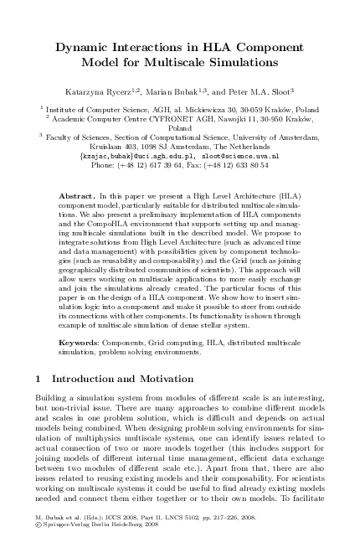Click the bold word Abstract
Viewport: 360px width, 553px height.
(77, 195)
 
